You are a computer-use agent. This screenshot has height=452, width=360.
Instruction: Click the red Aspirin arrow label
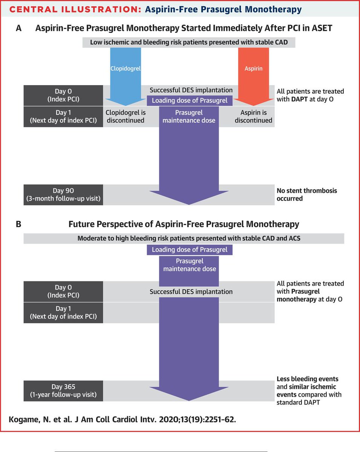(253, 69)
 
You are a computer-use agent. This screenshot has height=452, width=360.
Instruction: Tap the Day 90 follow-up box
(63, 195)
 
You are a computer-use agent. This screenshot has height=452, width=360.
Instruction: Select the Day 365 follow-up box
(63, 391)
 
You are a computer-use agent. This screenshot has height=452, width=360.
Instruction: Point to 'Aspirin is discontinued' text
(253, 116)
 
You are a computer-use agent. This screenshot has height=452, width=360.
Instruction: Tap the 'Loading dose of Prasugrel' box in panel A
(189, 100)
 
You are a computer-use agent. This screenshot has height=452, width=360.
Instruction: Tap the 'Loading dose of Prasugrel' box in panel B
(189, 250)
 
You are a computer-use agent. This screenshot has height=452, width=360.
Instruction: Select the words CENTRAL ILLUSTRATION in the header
(72, 9)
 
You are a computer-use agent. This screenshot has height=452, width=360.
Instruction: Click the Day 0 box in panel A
(63, 95)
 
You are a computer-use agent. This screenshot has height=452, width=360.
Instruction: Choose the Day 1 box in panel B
(63, 313)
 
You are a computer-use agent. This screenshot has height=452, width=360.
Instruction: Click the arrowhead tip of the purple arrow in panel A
(189, 204)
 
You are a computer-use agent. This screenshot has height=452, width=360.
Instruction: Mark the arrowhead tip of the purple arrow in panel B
(189, 400)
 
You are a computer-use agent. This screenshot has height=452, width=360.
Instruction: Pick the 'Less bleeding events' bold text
(307, 379)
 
